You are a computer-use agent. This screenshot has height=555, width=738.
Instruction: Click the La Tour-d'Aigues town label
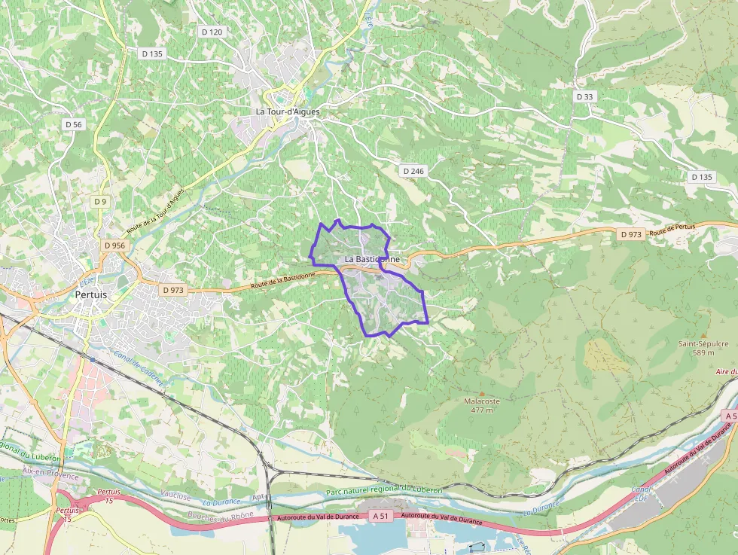tap(288, 111)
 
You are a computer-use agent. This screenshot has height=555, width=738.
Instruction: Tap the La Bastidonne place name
tap(372, 259)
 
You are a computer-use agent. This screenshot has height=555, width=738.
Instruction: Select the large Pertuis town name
tap(92, 295)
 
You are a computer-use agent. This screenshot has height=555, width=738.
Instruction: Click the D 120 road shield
tap(212, 32)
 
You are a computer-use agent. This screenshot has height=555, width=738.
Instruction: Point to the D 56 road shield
tap(73, 124)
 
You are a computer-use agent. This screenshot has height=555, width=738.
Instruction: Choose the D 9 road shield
tap(100, 202)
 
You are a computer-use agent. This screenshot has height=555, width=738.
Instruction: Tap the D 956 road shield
tap(115, 245)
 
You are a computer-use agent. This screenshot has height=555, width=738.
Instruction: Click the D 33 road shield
tap(584, 96)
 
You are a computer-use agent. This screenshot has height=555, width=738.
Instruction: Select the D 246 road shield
tap(413, 171)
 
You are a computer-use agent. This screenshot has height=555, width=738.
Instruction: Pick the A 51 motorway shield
tap(382, 516)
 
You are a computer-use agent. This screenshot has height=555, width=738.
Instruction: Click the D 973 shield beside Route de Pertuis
tap(631, 234)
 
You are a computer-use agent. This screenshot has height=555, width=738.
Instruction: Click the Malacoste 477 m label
tap(482, 406)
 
